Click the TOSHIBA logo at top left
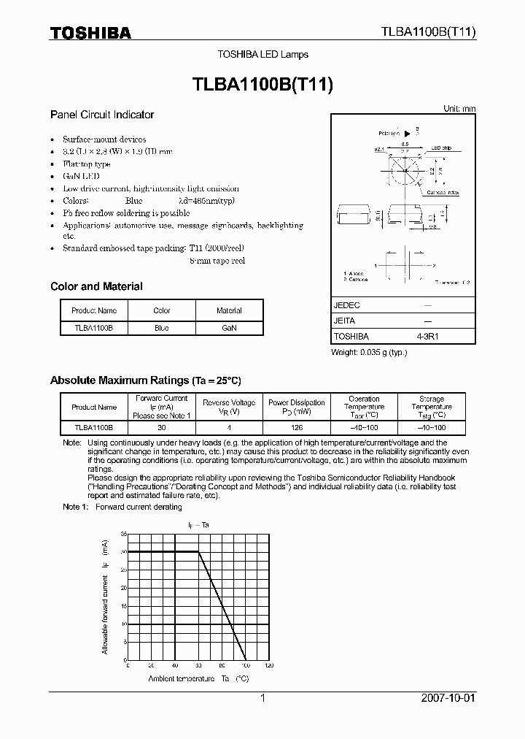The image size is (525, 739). [x=90, y=33]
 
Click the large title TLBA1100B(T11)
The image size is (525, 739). [x=262, y=85]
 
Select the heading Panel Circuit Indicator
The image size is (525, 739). [x=102, y=115]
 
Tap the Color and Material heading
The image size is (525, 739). [x=96, y=286]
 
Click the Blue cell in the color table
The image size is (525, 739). [x=162, y=329]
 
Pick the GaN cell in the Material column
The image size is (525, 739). [x=229, y=329]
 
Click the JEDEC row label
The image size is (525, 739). [x=347, y=305]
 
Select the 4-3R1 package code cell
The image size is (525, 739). [x=427, y=336]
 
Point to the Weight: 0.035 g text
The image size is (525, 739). [x=369, y=353]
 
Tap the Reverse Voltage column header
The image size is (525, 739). [x=229, y=407]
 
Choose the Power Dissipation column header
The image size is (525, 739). [x=296, y=407]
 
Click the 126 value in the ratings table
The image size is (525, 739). [x=296, y=427]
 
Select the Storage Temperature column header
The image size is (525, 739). [x=432, y=407]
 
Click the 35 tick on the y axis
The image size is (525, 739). [x=124, y=535]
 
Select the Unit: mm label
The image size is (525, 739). [x=459, y=108]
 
